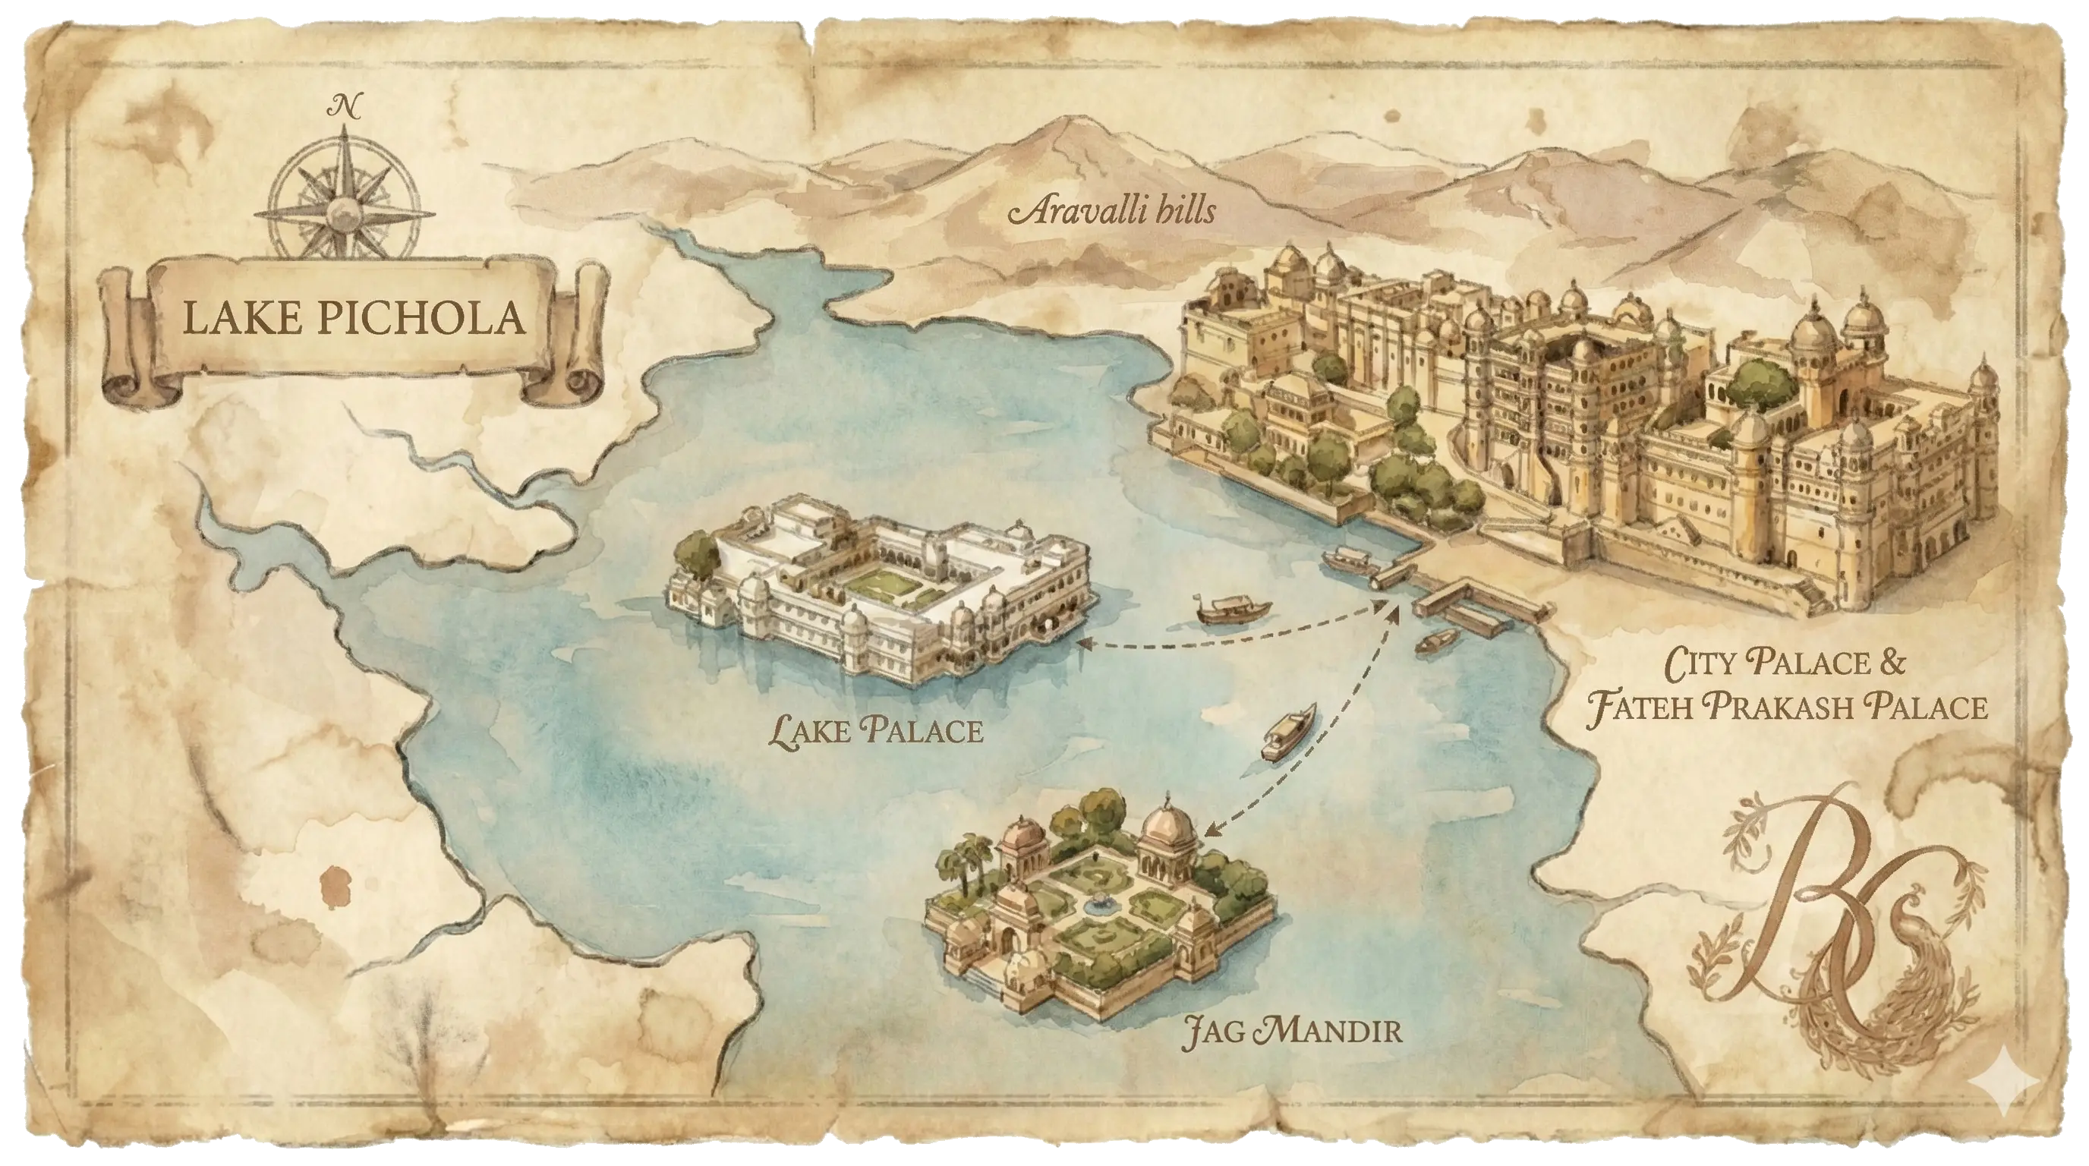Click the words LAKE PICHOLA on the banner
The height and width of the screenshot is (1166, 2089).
[354, 317]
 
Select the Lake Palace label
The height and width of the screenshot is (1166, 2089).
[876, 731]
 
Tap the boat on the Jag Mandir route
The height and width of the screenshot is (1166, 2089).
[1287, 733]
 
